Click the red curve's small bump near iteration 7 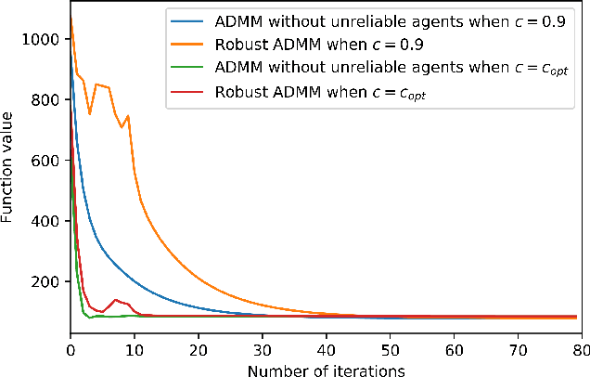pos(115,300)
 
